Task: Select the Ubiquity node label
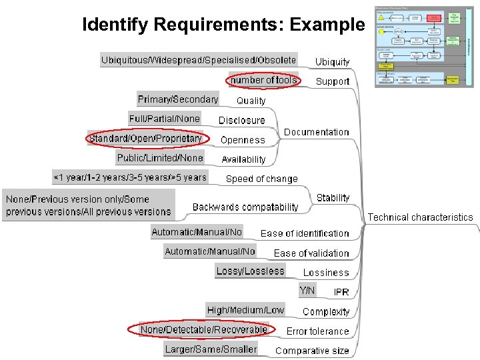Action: click(332, 62)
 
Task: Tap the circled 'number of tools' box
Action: click(263, 80)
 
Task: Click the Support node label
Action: click(332, 81)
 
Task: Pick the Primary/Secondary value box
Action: click(178, 99)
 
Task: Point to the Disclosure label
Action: click(241, 121)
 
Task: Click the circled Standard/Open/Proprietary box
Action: click(145, 139)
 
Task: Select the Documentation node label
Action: click(316, 132)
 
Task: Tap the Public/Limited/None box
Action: click(160, 158)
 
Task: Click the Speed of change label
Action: click(261, 179)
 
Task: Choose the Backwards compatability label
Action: click(245, 207)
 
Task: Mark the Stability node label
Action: click(333, 198)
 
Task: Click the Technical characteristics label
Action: click(420, 217)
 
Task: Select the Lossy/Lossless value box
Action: click(250, 271)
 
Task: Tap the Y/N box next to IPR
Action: click(307, 291)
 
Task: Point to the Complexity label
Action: click(325, 311)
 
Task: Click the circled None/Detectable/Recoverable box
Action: click(203, 329)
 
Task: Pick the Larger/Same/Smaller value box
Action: click(211, 349)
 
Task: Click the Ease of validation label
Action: click(311, 253)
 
